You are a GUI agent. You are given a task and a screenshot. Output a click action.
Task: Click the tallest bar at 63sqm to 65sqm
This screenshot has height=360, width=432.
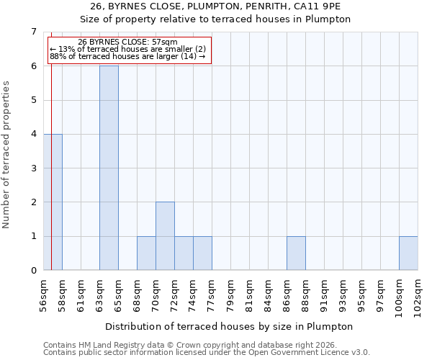click(x=109, y=168)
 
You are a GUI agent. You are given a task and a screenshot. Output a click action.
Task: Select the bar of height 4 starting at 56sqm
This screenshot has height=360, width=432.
click(x=53, y=202)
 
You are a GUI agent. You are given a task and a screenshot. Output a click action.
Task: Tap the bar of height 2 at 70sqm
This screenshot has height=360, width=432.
click(x=165, y=236)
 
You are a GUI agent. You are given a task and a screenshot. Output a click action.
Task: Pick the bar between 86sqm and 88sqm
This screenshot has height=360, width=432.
click(x=296, y=253)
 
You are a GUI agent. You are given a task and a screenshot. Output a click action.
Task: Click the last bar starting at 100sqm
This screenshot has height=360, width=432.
click(x=408, y=253)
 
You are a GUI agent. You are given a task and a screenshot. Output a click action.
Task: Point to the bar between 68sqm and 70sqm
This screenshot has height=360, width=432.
click(x=146, y=253)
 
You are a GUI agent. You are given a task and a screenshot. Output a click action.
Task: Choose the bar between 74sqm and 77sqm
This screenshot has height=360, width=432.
click(x=202, y=253)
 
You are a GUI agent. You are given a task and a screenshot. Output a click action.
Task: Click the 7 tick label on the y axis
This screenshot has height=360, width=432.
click(x=33, y=32)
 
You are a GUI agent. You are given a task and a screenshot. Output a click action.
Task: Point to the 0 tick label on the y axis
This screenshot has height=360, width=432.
click(x=33, y=271)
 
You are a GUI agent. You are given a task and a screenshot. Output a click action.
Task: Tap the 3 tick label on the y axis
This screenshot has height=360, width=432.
click(x=33, y=168)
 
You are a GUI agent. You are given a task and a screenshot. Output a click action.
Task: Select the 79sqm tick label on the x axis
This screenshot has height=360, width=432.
click(x=230, y=294)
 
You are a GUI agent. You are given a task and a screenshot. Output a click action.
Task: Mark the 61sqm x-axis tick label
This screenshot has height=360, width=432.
click(x=81, y=294)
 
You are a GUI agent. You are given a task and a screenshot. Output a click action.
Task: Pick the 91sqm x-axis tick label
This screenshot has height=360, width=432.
click(x=324, y=294)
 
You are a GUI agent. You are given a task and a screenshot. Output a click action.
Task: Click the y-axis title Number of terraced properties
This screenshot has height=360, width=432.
click(x=7, y=154)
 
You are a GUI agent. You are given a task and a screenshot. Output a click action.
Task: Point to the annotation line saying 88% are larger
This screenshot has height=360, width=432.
click(x=127, y=56)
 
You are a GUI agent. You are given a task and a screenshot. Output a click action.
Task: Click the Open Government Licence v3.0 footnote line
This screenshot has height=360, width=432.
click(x=206, y=352)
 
